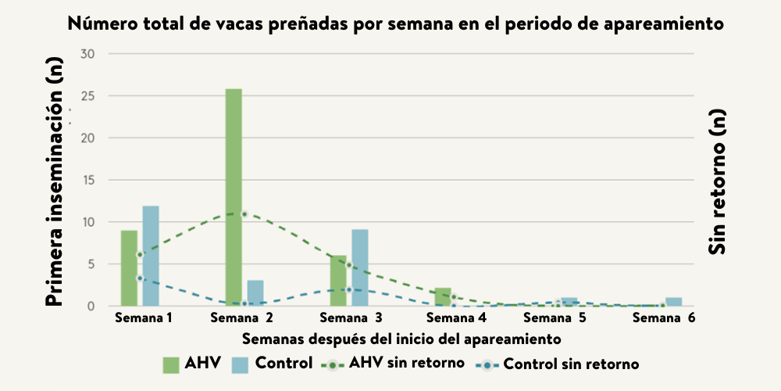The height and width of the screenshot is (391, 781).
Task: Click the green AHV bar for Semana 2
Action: pos(234,197)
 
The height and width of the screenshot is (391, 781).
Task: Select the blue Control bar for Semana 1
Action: pos(151,256)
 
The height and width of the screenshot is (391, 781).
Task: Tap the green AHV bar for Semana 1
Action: pos(129,268)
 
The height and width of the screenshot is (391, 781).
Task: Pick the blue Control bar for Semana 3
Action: pos(360,267)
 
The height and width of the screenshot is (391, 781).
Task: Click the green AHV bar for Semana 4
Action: pos(442,297)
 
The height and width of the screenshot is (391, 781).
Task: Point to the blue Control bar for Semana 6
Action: pos(674,302)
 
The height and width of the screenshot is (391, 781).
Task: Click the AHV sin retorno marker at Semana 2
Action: pos(244,214)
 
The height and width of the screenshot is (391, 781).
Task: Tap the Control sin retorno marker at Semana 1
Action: pos(140,278)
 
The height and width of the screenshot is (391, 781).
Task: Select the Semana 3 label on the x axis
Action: pos(351,318)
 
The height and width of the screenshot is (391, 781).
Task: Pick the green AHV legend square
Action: pos(171,364)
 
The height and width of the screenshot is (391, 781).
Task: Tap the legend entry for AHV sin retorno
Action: pos(407,363)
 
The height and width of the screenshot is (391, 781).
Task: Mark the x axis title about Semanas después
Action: pos(401,339)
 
